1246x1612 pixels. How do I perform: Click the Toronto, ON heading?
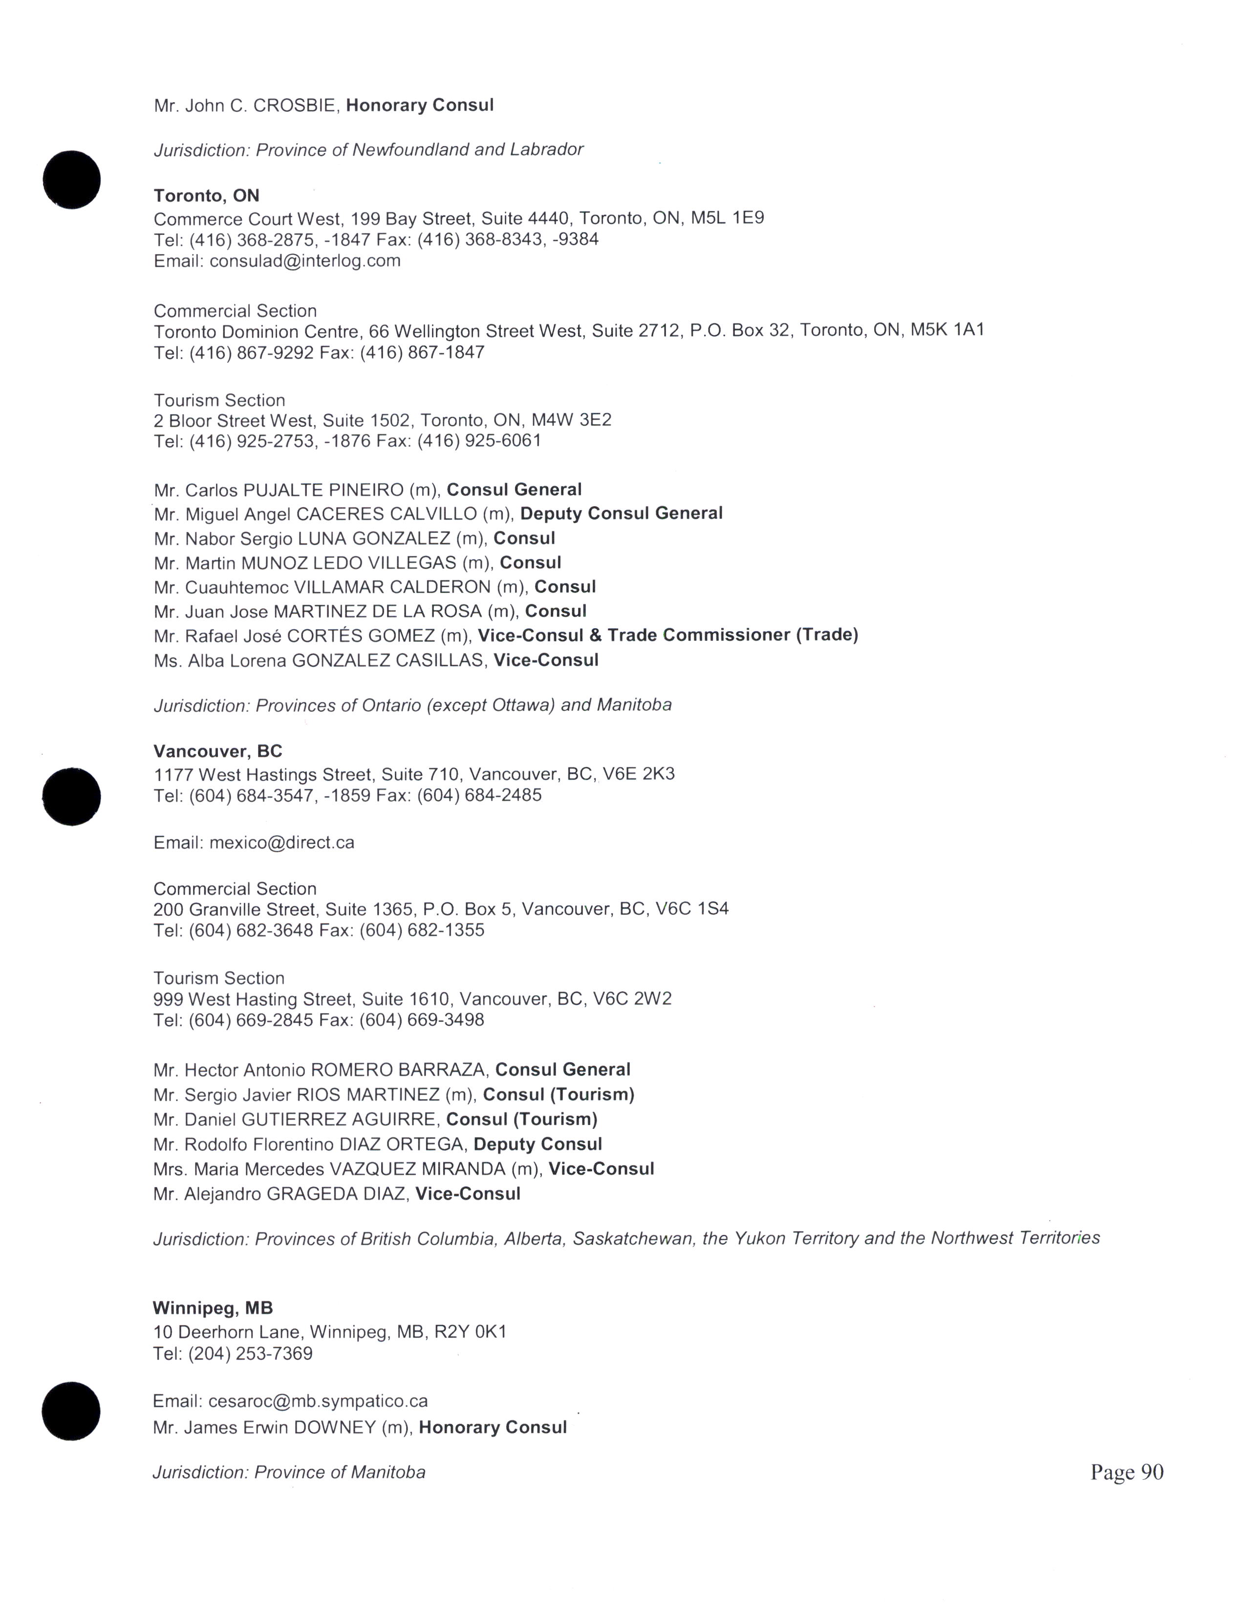(x=207, y=195)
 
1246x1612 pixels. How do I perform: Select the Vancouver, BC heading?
(x=218, y=751)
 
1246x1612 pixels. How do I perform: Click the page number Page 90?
(x=1126, y=1472)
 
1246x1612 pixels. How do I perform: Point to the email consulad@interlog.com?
(x=305, y=260)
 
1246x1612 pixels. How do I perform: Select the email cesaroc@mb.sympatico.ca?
(x=318, y=1401)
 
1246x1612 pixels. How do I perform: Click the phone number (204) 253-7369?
(x=250, y=1354)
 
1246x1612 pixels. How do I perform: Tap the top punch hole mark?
(x=72, y=179)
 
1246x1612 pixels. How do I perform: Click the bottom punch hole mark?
(x=71, y=1411)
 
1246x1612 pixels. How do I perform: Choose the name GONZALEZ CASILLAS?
(x=389, y=660)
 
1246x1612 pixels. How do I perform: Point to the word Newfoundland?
(x=410, y=150)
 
